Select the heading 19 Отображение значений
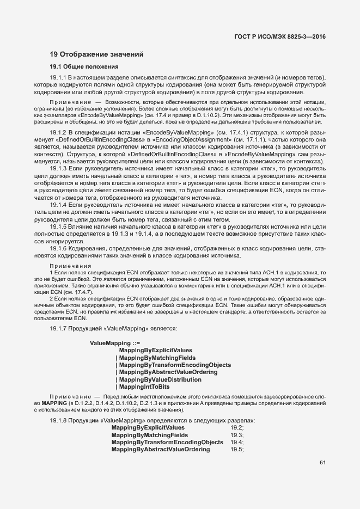96,54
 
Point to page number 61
322,463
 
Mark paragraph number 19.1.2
58,132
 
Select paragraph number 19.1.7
58,328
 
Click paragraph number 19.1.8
58,421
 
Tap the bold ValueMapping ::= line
115,343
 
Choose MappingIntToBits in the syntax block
144,386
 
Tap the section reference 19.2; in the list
237,428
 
